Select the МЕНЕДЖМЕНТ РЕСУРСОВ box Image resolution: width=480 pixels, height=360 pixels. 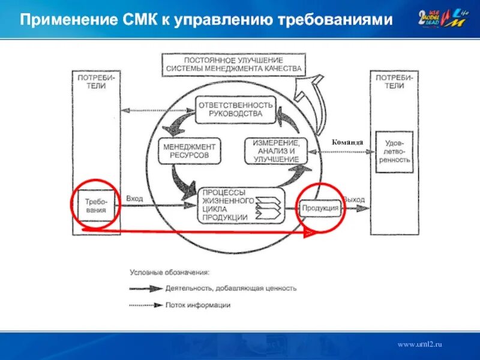189,151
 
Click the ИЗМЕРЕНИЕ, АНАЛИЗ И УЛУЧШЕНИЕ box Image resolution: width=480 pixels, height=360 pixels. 275,151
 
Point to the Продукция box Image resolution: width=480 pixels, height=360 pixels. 321,208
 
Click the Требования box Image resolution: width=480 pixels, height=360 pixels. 96,206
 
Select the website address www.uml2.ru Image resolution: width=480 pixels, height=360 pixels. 419,344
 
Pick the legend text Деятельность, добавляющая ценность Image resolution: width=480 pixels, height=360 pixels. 231,288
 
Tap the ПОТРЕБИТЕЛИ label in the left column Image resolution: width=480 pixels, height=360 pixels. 95,82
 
